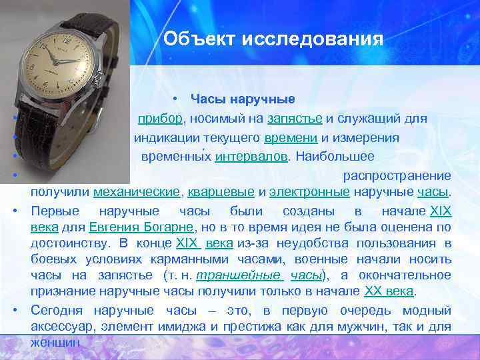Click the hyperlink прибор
click(x=159, y=119)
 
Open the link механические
click(x=137, y=193)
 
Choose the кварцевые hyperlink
click(x=221, y=193)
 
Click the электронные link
click(x=309, y=193)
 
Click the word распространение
click(x=397, y=176)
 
